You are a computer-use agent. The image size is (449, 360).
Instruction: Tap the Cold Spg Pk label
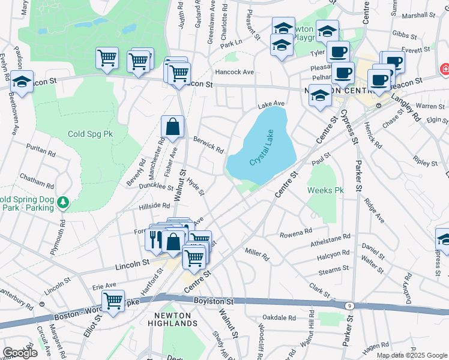90,134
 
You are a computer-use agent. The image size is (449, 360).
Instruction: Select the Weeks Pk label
325,190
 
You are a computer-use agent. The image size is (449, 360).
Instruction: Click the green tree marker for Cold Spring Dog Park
62,203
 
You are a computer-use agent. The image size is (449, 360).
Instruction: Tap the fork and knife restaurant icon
155,239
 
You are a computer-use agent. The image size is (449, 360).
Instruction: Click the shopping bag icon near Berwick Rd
172,127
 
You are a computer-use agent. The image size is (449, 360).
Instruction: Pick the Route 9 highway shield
349,306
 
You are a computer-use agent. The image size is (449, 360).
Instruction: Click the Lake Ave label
271,104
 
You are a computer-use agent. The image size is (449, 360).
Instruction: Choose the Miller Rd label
256,254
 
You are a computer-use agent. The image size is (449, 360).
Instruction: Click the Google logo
20,353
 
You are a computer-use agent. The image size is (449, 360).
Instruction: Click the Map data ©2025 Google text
411,355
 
